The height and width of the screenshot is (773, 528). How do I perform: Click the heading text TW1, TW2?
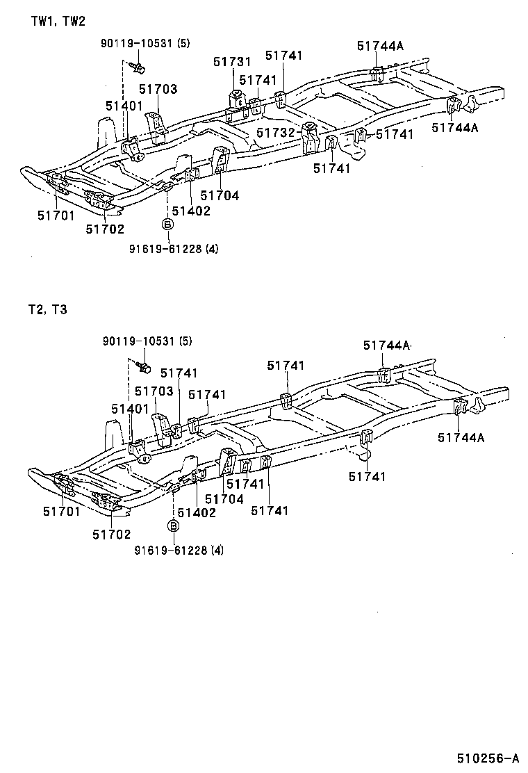[58, 22]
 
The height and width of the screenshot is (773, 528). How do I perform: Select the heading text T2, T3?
[49, 310]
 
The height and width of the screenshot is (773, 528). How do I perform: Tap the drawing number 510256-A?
[488, 758]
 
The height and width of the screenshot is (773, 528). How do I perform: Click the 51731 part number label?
[232, 63]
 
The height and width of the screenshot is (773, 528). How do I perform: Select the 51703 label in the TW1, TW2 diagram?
[158, 89]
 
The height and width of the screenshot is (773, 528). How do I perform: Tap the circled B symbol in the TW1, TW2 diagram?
[167, 224]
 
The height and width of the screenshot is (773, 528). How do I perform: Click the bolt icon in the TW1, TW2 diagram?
[138, 67]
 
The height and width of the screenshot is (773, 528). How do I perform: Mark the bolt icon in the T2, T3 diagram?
[147, 365]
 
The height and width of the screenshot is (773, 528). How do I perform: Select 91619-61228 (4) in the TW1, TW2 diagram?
[174, 248]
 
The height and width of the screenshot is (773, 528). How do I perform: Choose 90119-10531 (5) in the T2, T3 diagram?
[147, 341]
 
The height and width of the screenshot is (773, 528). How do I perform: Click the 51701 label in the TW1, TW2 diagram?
[56, 215]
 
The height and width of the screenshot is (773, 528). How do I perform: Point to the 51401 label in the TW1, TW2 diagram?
[124, 106]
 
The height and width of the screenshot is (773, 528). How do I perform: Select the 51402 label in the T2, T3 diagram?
[197, 512]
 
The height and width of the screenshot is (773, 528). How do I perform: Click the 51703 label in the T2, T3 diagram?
[154, 392]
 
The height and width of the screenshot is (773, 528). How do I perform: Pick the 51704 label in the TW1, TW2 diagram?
[220, 196]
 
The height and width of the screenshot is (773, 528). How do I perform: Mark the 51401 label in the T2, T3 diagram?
[130, 408]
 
